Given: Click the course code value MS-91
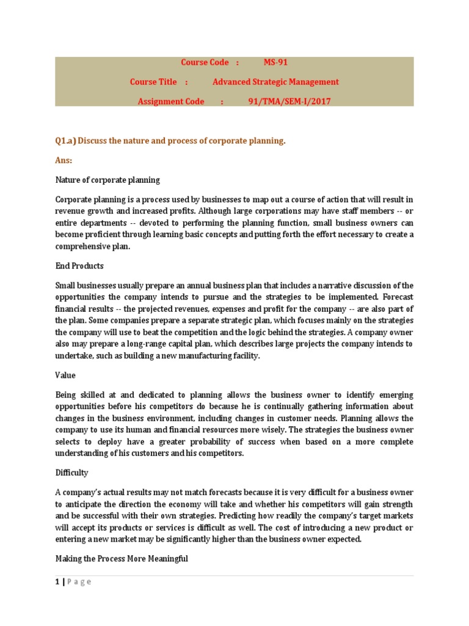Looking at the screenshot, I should (x=275, y=62).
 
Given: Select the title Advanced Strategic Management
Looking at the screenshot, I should (x=275, y=82).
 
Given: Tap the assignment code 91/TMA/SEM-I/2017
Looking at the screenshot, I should (x=289, y=101).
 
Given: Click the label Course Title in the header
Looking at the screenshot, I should (x=153, y=82).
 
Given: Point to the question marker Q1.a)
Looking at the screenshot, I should (x=65, y=141).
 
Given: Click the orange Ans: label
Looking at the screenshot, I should (x=64, y=160).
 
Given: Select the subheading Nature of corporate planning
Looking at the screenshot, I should (x=107, y=180).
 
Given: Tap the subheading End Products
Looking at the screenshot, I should (x=79, y=266).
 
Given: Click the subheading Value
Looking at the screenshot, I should (x=65, y=375).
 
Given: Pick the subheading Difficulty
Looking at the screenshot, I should (x=72, y=473).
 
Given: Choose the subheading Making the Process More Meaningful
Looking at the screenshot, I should (x=122, y=559).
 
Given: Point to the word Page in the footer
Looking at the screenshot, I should (x=79, y=582).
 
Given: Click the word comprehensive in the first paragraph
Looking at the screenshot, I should (x=83, y=246).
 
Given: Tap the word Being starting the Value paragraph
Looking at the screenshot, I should (x=67, y=395).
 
